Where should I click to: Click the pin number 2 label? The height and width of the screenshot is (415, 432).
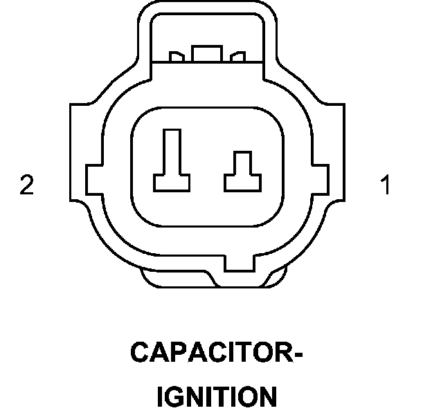(x=26, y=185)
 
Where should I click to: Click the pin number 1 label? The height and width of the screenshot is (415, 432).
(x=385, y=185)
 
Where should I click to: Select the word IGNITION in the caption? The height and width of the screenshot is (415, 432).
(x=217, y=396)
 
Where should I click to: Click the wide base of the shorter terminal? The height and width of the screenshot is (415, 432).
(x=242, y=183)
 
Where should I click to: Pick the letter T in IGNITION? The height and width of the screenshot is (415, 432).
(x=219, y=396)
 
